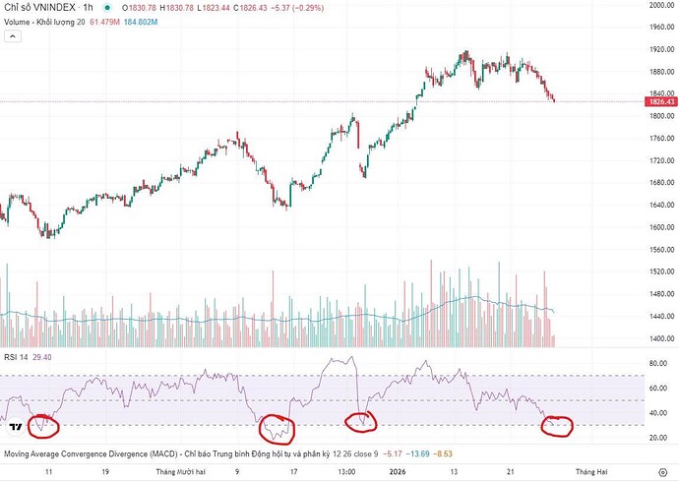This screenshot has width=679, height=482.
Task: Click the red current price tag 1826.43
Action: tap(660, 101)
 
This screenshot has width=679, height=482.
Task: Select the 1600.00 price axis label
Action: tap(660, 227)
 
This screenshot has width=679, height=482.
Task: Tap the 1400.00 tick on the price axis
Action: tap(660, 338)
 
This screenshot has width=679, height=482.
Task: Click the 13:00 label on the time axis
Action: tap(345, 472)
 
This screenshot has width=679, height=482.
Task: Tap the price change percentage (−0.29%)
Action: tap(301, 8)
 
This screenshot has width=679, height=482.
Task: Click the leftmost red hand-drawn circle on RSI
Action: tap(42, 426)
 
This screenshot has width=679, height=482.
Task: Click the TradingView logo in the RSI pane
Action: tap(16, 427)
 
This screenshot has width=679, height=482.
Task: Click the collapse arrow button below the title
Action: tap(12, 36)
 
